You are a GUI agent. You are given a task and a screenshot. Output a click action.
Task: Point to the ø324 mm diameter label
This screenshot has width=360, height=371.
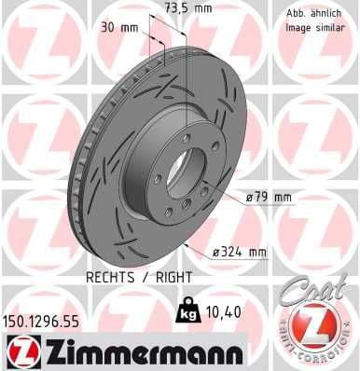tap(239, 252)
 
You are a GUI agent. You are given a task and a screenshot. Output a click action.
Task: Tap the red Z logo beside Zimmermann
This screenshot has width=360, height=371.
tap(21, 351)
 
